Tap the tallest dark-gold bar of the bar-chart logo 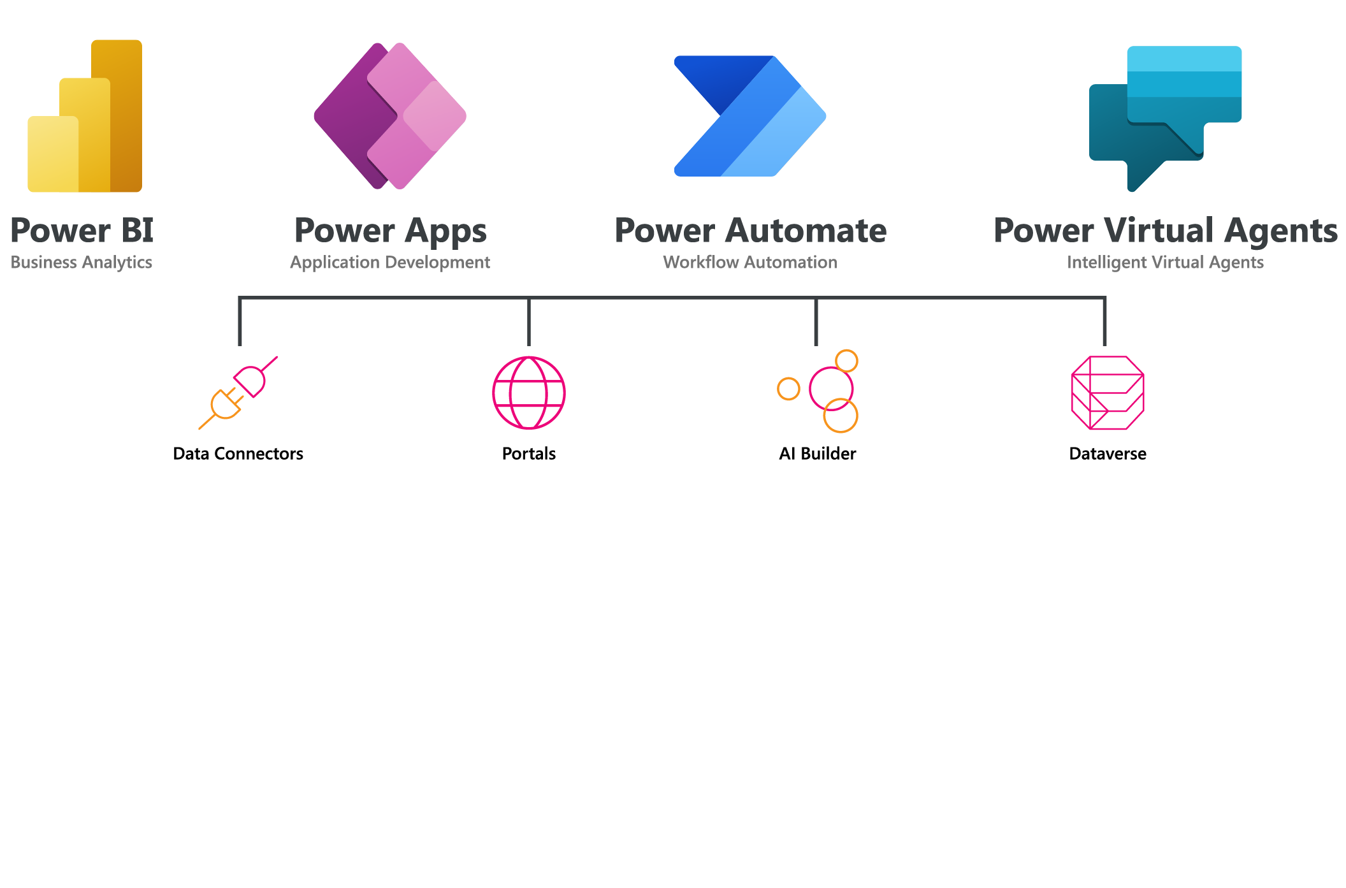tap(126, 115)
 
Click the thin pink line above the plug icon tap(271, 363)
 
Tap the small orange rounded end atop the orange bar tap(845, 358)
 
